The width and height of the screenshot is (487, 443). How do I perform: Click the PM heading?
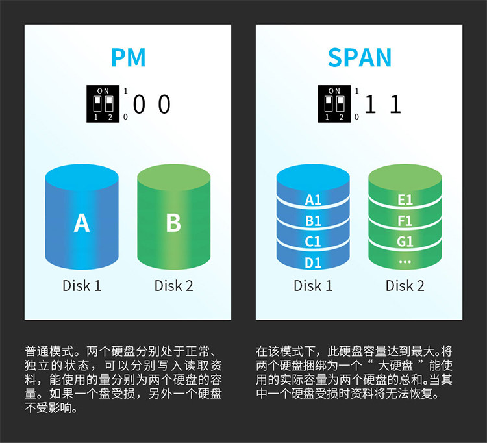129,57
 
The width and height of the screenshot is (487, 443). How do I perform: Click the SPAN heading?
359,57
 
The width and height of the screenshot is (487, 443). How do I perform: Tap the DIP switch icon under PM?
103,104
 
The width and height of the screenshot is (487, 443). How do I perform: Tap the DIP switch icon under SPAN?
334,104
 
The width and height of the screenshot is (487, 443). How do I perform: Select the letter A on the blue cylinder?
82,223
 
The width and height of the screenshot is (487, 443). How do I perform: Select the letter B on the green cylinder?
173,223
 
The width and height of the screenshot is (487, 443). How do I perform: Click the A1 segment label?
313,200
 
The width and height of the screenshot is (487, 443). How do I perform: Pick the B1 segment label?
313,221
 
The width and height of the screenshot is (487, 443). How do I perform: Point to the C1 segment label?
312,242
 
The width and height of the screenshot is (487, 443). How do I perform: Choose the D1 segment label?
313,263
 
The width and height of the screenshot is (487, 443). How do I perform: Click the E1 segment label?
405,200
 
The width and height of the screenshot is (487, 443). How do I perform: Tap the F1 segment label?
405,221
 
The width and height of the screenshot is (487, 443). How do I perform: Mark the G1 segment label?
405,242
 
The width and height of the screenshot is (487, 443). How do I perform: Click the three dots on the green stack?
405,262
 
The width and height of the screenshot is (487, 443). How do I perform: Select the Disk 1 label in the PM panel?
82,286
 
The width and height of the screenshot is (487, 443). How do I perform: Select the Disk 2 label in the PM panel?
173,286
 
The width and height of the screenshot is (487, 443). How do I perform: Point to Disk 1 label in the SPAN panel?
313,286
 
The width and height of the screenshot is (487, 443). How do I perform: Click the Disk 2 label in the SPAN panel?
405,286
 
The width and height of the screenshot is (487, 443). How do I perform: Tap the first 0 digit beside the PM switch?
139,104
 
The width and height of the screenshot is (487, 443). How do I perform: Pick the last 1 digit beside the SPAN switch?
395,104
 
